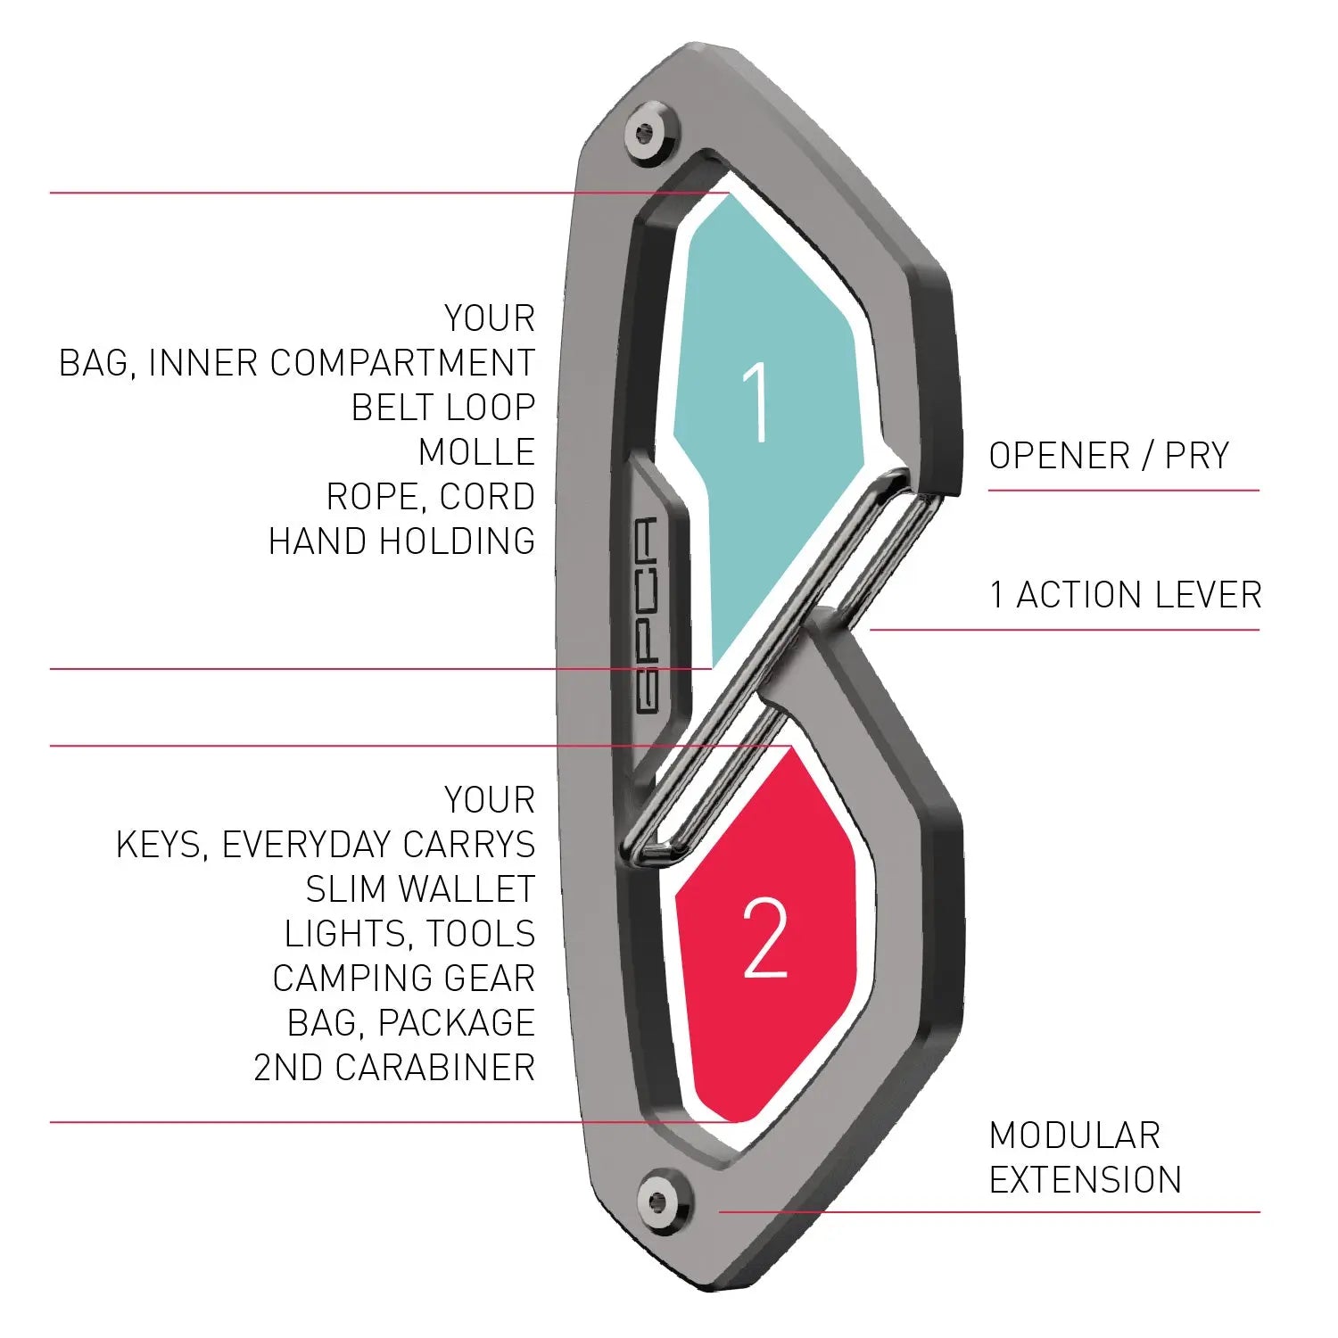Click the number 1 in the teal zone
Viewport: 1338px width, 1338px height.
tap(756, 402)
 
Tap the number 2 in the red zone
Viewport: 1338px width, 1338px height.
tap(764, 937)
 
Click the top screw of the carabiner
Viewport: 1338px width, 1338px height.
tap(648, 135)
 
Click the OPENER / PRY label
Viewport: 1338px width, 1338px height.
tap(1109, 456)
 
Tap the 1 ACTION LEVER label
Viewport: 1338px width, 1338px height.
tap(1126, 595)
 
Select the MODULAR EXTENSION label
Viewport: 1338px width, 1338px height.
tap(1085, 1158)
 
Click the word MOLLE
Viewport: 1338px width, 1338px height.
tap(476, 452)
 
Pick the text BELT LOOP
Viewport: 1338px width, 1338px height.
tap(443, 408)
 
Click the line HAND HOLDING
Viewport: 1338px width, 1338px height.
tap(402, 541)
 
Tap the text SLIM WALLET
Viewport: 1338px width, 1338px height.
tap(420, 889)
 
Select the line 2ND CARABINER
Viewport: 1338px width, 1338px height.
tap(394, 1068)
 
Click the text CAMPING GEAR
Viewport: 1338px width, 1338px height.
tap(403, 979)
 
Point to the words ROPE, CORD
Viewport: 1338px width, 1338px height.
tap(431, 497)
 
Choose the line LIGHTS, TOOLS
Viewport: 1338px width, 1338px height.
tap(410, 934)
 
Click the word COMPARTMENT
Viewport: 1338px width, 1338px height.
tap(401, 363)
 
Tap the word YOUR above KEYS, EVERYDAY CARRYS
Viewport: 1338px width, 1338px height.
tap(490, 800)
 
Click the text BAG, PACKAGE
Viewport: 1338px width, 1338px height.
tap(410, 1023)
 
